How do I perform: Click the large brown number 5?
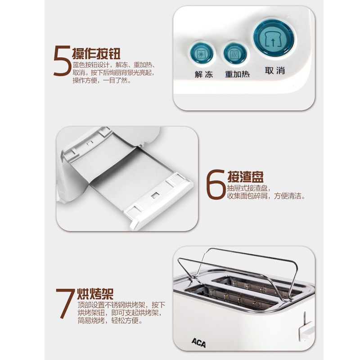point(61,62)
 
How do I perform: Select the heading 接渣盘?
point(246,176)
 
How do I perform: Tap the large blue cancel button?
point(274,39)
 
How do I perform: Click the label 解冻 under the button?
point(204,75)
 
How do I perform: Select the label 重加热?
point(237,75)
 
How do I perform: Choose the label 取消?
point(275,71)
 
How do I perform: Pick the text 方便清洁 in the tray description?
point(292,197)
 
